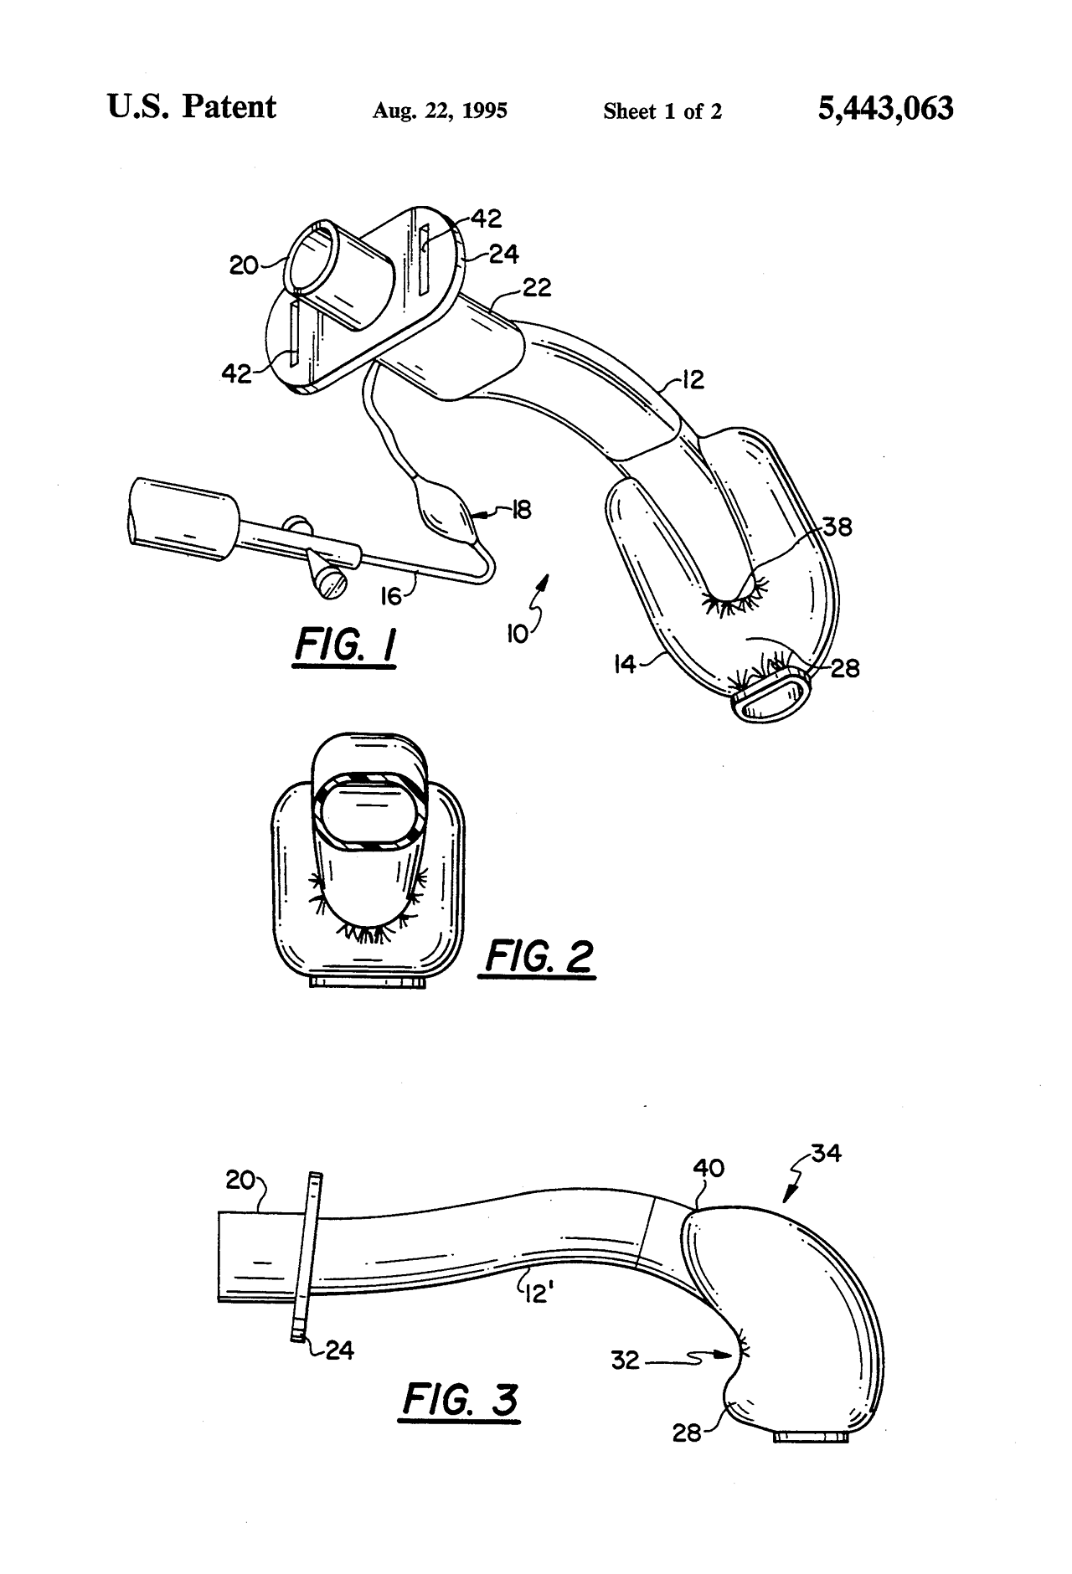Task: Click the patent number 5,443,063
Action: point(885,109)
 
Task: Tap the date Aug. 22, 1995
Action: point(440,111)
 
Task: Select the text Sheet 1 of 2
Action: point(662,111)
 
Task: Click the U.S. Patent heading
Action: point(192,107)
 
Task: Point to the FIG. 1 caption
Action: point(345,648)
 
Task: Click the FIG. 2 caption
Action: point(538,956)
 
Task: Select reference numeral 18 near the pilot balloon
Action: point(521,509)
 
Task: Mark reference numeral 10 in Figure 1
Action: point(517,634)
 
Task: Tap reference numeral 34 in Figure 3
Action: point(826,1154)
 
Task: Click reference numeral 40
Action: point(709,1168)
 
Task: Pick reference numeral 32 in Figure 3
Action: point(626,1361)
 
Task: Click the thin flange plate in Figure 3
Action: point(305,1256)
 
